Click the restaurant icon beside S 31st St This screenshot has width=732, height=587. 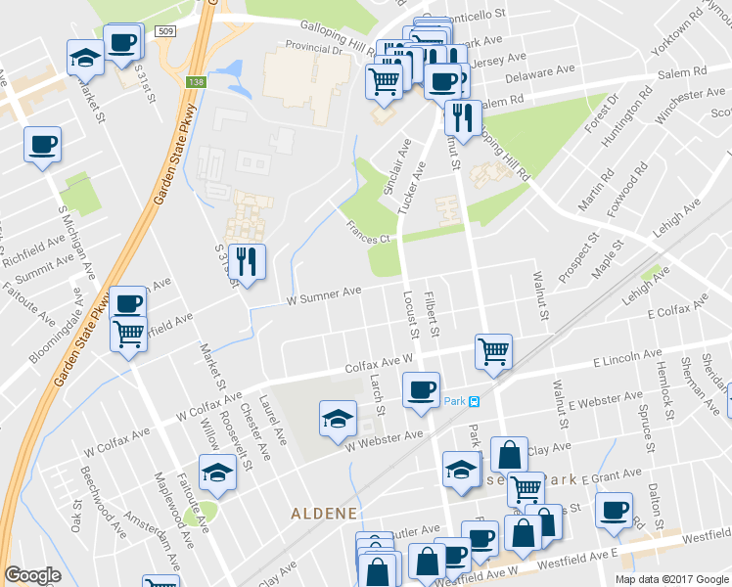[x=246, y=261]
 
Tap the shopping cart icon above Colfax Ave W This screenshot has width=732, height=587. [x=493, y=350]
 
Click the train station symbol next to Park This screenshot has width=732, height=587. [x=474, y=401]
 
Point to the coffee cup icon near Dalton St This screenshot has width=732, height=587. [x=615, y=510]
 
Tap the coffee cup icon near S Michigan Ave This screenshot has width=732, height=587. [x=43, y=145]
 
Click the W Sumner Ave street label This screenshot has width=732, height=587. [x=324, y=294]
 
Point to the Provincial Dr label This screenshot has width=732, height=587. [x=315, y=46]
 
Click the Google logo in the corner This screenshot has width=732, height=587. [x=32, y=575]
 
